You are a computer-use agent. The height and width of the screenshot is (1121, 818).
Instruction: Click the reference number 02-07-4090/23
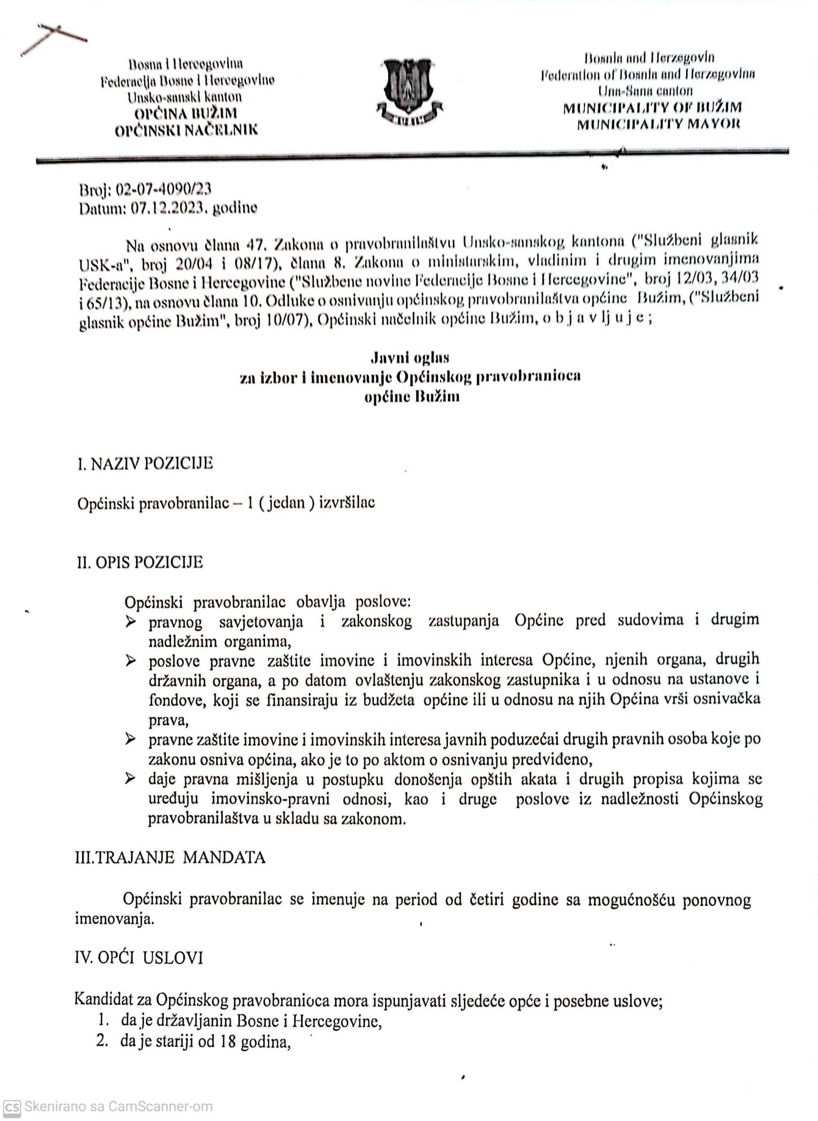pyautogui.click(x=164, y=189)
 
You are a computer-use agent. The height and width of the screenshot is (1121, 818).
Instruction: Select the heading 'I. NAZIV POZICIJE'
pyautogui.click(x=145, y=463)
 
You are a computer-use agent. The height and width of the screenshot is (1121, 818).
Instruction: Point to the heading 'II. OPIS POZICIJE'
pyautogui.click(x=140, y=563)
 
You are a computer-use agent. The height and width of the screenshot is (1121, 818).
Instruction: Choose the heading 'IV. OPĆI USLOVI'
pyautogui.click(x=139, y=958)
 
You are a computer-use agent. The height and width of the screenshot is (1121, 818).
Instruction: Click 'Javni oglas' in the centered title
pyautogui.click(x=410, y=357)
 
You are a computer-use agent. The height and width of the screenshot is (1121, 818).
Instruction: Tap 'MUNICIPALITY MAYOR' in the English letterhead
pyautogui.click(x=659, y=124)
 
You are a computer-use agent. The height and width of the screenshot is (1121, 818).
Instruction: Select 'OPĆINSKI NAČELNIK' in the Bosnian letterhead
pyautogui.click(x=186, y=130)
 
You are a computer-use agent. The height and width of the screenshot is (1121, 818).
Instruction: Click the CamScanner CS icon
pyautogui.click(x=11, y=1107)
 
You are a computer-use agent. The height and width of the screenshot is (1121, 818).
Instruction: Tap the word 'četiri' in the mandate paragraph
pyautogui.click(x=479, y=899)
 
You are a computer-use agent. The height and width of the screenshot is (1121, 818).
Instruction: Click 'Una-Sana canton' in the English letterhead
pyautogui.click(x=645, y=91)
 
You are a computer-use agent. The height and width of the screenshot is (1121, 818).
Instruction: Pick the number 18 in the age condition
pyautogui.click(x=228, y=1042)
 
